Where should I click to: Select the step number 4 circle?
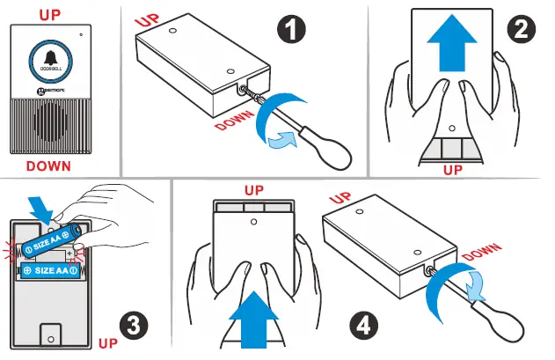pos(361,325)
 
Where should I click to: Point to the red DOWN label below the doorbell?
pos(48,165)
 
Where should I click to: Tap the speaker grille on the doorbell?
pos(49,124)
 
